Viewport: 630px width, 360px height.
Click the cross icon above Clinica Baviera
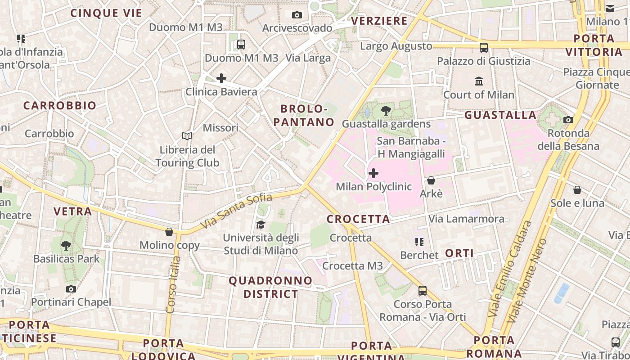[221, 78]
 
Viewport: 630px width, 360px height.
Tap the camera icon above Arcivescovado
[297, 15]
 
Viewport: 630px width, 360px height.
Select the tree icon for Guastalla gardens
[386, 110]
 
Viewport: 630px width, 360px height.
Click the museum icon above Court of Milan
[479, 81]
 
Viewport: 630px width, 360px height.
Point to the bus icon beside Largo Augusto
[484, 47]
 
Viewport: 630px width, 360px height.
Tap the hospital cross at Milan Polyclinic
[373, 173]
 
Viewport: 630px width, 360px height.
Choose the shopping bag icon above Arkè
[431, 180]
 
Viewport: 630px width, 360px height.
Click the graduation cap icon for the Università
[261, 225]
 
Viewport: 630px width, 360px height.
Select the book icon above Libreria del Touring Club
[187, 136]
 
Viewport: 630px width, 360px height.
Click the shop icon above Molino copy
[169, 232]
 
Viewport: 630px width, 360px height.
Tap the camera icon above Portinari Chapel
[71, 289]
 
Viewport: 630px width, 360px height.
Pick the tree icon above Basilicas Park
[66, 245]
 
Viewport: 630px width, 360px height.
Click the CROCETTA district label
[358, 219]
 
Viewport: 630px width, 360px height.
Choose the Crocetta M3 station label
[352, 266]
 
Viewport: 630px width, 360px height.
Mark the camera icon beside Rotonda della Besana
[568, 120]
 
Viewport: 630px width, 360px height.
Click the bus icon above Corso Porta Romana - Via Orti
[423, 291]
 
